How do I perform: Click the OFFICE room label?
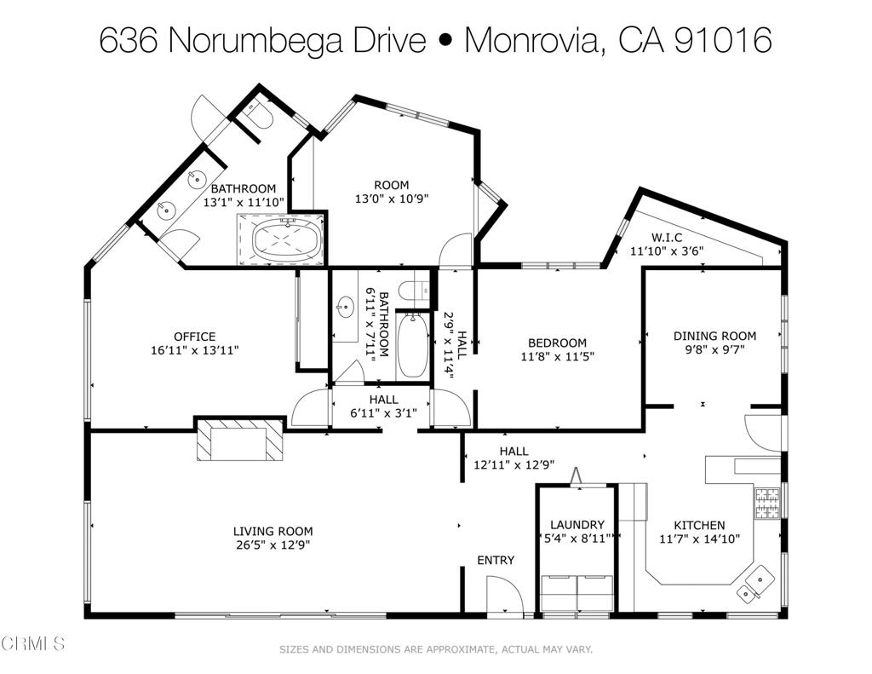pos(194,337)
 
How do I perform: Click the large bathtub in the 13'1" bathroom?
pos(287,238)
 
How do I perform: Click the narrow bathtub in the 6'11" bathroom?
pos(413,346)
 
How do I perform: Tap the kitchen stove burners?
pos(766,503)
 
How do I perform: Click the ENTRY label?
pos(495,560)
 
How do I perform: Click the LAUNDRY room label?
pos(577,525)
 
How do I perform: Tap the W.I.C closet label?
pos(667,237)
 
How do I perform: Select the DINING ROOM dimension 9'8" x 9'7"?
pos(714,350)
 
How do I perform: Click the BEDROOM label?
pos(557,343)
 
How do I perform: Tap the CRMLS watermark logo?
pos(34,643)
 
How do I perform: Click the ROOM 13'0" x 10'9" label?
pos(392,185)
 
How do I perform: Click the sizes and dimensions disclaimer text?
pos(436,649)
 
